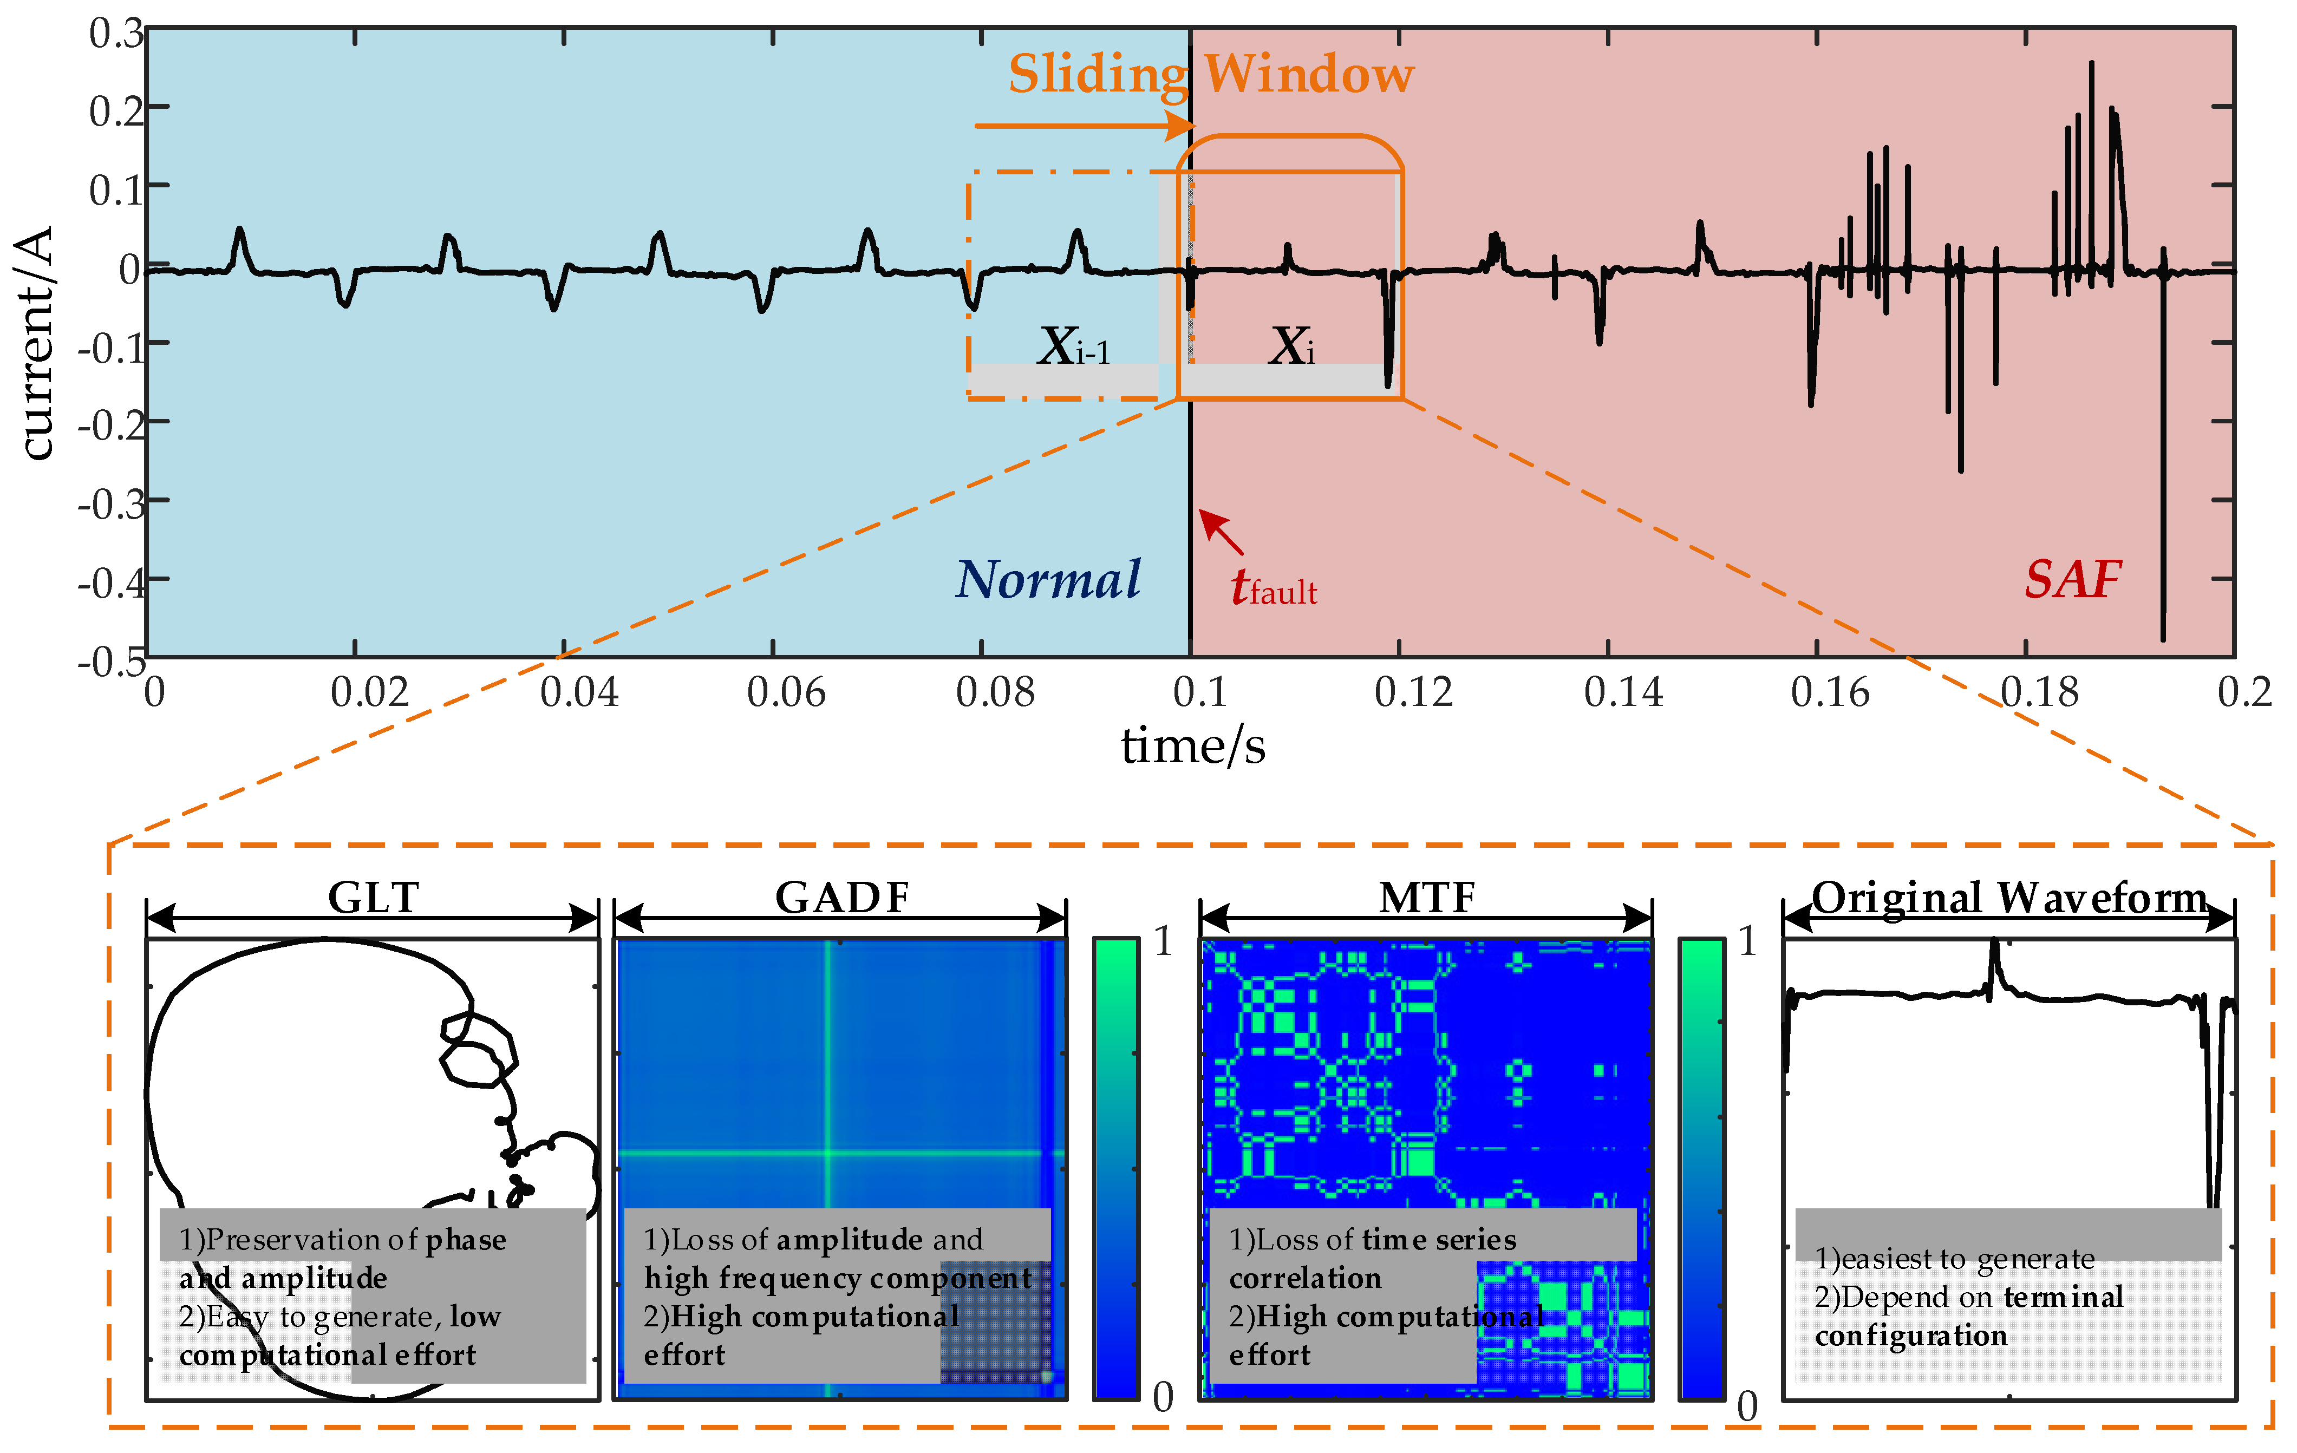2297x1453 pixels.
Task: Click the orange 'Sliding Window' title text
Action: pos(1211,74)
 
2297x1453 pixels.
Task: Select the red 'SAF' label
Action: pos(2072,580)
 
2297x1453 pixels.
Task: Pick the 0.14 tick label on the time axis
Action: pos(1623,693)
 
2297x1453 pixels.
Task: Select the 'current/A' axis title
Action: pos(36,343)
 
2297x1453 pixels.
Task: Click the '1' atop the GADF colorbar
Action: pos(1163,942)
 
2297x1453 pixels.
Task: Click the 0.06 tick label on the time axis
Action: pos(786,693)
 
